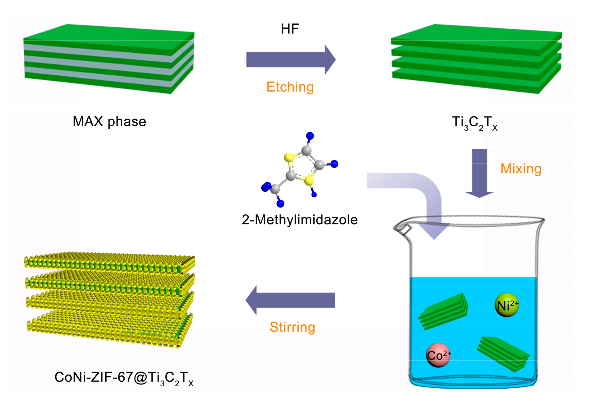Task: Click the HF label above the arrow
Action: tap(290, 29)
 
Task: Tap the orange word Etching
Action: tap(290, 87)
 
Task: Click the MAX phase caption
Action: tap(109, 122)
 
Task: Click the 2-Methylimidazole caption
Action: tap(299, 220)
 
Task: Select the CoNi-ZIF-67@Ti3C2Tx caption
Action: tap(124, 378)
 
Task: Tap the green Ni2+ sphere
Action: tap(506, 305)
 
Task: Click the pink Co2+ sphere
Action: tap(438, 355)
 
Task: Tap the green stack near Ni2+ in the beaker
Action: tap(443, 311)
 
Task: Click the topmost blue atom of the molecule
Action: tap(310, 136)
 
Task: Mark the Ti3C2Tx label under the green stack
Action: tap(475, 123)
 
